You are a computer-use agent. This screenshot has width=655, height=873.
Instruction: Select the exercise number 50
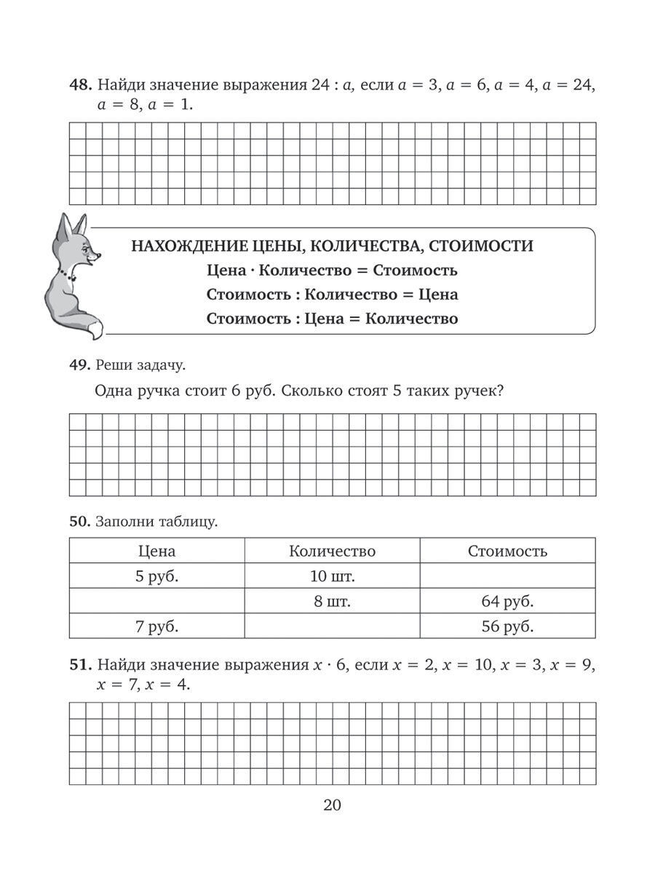pyautogui.click(x=78, y=521)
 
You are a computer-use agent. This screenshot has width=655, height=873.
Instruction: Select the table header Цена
pyautogui.click(x=156, y=551)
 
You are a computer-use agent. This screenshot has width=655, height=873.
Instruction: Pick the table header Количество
pyautogui.click(x=332, y=551)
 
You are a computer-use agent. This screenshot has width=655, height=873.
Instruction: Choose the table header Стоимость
pyautogui.click(x=507, y=551)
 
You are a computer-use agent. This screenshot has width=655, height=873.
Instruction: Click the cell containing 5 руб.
pyautogui.click(x=156, y=578)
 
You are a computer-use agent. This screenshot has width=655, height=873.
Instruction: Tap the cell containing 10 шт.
pyautogui.click(x=332, y=578)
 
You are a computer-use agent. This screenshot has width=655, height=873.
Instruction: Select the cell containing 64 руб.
pyautogui.click(x=507, y=602)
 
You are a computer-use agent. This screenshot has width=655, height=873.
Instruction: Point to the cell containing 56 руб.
pyautogui.click(x=507, y=626)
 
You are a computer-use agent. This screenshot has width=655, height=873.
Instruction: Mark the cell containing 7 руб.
pyautogui.click(x=156, y=626)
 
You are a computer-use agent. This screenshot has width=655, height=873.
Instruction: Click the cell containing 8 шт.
pyautogui.click(x=332, y=602)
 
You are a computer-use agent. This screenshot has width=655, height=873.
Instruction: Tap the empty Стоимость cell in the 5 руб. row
pyautogui.click(x=507, y=578)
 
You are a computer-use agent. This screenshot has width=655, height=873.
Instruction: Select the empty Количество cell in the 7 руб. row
pyautogui.click(x=332, y=626)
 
